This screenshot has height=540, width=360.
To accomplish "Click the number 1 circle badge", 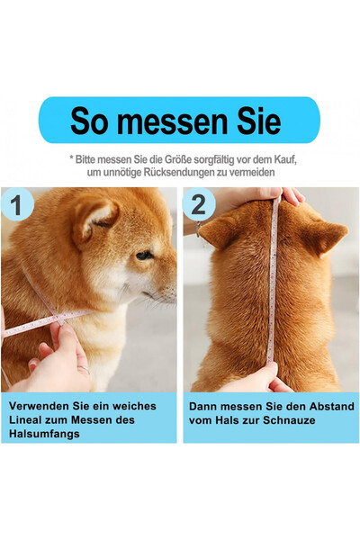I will point(16,204).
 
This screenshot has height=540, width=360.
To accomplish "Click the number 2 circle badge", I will point(199,204).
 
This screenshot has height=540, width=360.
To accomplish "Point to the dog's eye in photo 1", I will point(143,256).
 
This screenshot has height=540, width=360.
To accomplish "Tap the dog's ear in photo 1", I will point(95,217).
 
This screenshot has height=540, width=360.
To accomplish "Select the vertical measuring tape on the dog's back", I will point(273,288).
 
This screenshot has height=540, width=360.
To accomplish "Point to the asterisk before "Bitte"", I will point(71,157).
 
